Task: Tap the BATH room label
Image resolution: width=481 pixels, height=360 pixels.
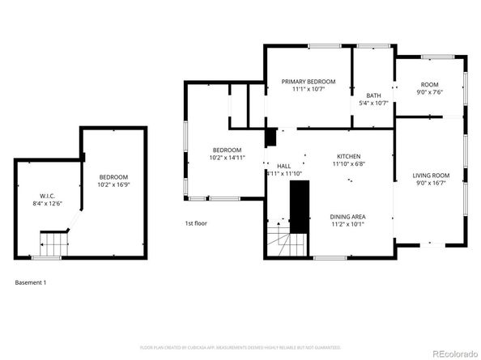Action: coord(373,95)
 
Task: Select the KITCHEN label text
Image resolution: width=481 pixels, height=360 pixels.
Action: coord(349,156)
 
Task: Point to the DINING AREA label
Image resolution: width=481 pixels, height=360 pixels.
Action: coord(348,216)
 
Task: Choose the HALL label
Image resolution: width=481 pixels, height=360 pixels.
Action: coord(283,166)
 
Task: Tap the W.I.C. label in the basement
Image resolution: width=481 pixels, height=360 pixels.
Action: coord(47,196)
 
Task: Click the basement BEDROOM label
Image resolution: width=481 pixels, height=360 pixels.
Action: coord(113,177)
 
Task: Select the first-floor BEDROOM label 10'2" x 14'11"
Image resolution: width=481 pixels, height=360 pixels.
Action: coord(227,150)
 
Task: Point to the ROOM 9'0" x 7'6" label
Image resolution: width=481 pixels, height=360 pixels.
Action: coord(428,84)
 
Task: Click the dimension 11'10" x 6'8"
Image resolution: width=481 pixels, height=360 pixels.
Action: coord(349,164)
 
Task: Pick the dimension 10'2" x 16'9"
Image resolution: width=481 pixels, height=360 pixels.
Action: coord(113,184)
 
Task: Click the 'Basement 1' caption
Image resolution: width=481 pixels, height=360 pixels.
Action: coord(31,282)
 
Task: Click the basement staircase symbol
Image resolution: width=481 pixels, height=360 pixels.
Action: coord(53,241)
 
